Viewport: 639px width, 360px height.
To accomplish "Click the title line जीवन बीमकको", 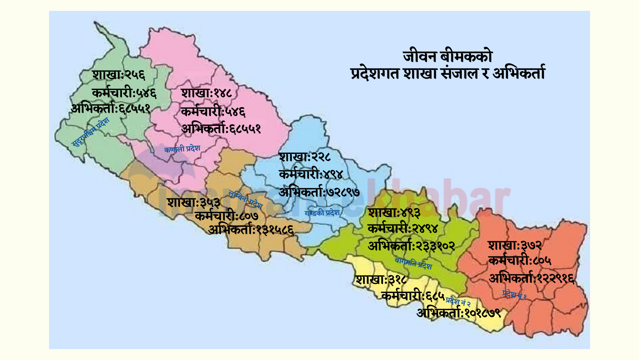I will coord(448,57).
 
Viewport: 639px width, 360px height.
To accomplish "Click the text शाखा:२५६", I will coord(118,75).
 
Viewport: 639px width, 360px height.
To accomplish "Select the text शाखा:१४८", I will coord(207,94).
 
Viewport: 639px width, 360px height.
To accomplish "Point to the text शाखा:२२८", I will coord(305,157).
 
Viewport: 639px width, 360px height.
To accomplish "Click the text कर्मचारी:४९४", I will coord(311,175).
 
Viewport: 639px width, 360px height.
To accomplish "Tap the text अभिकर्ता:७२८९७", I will coord(319,192).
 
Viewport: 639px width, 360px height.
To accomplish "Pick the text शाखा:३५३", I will coord(194,203).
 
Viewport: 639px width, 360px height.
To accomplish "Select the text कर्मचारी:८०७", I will coord(226,216).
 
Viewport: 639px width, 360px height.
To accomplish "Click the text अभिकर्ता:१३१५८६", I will coord(251,230).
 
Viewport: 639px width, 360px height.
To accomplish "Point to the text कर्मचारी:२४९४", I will coord(403,229).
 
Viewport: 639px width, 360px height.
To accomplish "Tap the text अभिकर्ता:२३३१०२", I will coord(411,246).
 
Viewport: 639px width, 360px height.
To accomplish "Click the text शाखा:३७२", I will coord(515,245).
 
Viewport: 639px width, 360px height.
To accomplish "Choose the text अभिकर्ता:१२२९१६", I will coord(531,279).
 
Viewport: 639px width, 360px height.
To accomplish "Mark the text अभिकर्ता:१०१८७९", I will coord(459,313).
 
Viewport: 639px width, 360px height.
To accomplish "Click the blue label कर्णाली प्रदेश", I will coord(182,149).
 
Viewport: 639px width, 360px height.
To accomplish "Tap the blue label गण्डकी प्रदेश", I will coord(322,213).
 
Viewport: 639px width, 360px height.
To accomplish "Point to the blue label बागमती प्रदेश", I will coord(413,264).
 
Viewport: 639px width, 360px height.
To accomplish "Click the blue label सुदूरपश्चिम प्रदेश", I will coord(91,132).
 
